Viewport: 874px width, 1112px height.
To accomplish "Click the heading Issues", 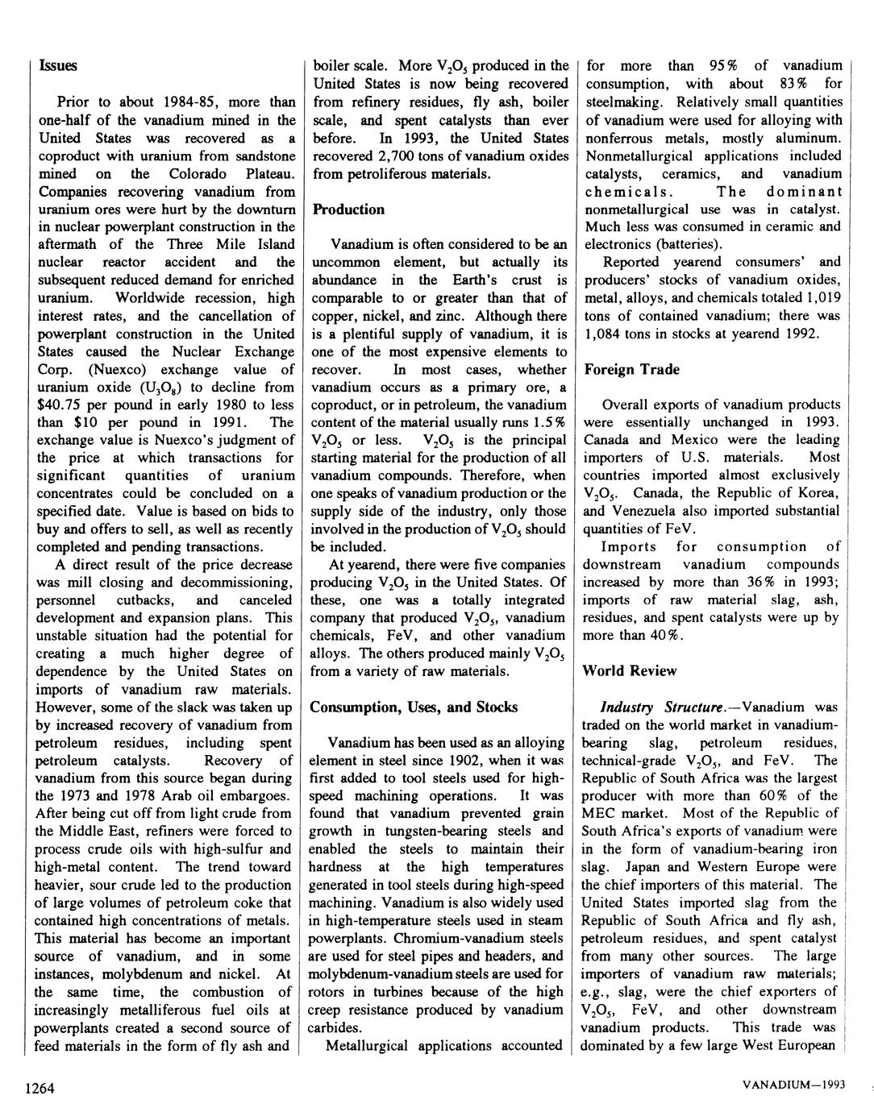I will coord(58,66).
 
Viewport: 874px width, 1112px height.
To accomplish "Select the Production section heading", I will coord(348,210).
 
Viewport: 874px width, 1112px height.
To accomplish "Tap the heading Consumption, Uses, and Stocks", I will coord(414,707).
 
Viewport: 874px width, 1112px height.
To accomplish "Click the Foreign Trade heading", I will coord(631,370).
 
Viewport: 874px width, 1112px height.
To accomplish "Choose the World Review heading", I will coord(630,671).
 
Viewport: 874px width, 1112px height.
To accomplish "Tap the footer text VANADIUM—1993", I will coord(793,1085).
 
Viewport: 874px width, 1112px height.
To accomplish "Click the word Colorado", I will coord(201,174).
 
